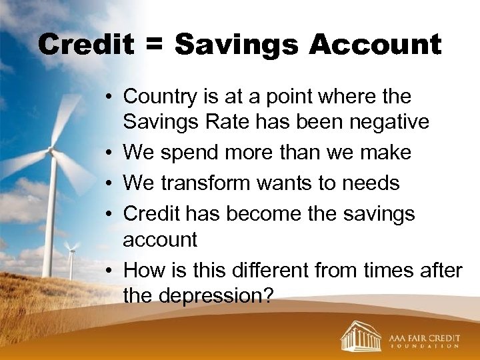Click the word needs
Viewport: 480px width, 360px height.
[x=371, y=182]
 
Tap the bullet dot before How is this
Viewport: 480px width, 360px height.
[x=110, y=271]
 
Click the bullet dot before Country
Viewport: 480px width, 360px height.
[x=110, y=97]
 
